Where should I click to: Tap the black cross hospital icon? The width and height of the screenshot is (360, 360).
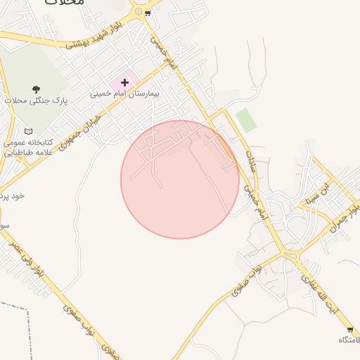tap(124, 82)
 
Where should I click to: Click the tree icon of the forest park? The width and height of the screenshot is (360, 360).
tap(36, 89)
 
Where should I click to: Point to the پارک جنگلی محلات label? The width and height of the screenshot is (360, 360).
tap(36, 101)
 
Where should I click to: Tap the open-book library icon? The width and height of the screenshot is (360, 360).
tap(28, 131)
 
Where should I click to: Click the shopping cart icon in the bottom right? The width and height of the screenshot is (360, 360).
tap(349, 329)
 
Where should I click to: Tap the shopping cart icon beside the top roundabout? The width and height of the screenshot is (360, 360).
tap(148, 13)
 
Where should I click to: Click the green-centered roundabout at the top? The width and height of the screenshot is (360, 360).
tap(139, 12)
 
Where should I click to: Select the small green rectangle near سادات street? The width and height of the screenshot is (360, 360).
tap(245, 120)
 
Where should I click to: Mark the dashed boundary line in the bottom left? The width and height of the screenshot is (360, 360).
tap(29, 330)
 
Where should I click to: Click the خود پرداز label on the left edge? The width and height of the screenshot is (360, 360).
tap(12, 195)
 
